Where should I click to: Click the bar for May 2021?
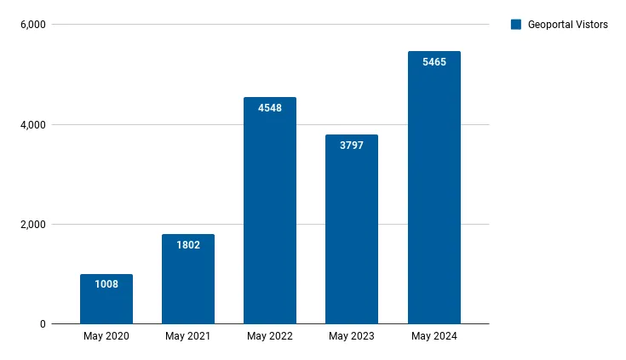(x=188, y=285)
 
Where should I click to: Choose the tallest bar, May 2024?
(x=434, y=196)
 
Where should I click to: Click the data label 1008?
(x=106, y=284)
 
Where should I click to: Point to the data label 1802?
(x=188, y=245)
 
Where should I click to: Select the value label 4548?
(x=270, y=107)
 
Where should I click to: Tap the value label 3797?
(x=352, y=146)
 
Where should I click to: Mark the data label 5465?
(x=434, y=62)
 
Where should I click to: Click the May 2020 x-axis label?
(x=106, y=337)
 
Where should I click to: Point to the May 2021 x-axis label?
(x=188, y=337)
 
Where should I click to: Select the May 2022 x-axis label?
(x=270, y=337)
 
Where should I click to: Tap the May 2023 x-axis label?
(x=352, y=337)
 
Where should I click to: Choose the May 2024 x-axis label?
(x=434, y=337)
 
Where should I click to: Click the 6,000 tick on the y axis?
(x=32, y=25)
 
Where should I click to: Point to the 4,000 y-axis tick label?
(x=32, y=125)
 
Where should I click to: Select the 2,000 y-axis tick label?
(x=32, y=225)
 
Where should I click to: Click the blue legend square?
(x=515, y=25)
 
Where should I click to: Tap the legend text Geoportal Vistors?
(x=567, y=25)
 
